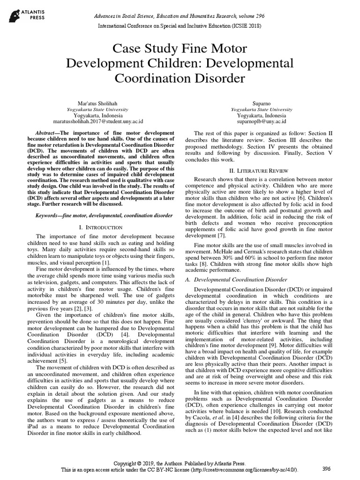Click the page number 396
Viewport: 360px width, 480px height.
pos(326,469)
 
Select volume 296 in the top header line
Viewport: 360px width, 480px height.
pos(251,15)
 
